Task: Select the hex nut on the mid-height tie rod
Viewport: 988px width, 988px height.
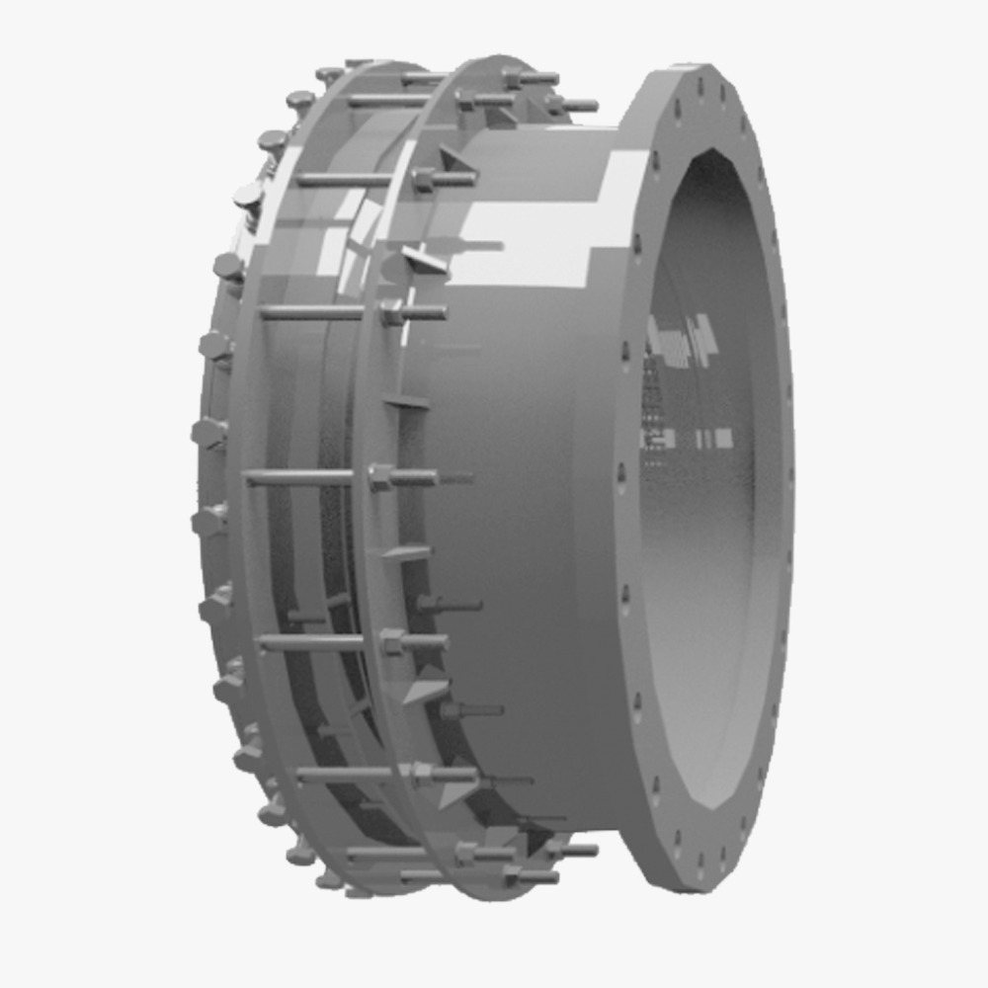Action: pyautogui.click(x=381, y=478)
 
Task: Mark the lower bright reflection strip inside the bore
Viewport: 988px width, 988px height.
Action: pyautogui.click(x=692, y=437)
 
